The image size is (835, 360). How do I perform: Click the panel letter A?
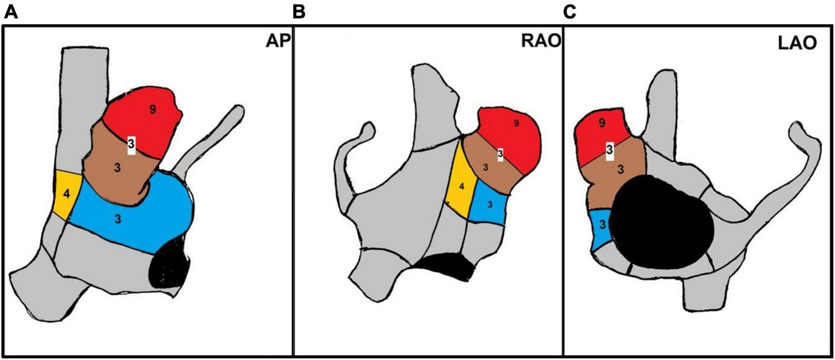11,12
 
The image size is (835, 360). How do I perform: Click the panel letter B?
298,12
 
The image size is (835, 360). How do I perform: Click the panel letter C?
570,12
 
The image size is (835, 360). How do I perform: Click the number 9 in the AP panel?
152,110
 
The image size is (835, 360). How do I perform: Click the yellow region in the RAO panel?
460,185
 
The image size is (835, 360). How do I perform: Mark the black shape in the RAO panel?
445,268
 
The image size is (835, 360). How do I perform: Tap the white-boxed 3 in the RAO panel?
500,153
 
